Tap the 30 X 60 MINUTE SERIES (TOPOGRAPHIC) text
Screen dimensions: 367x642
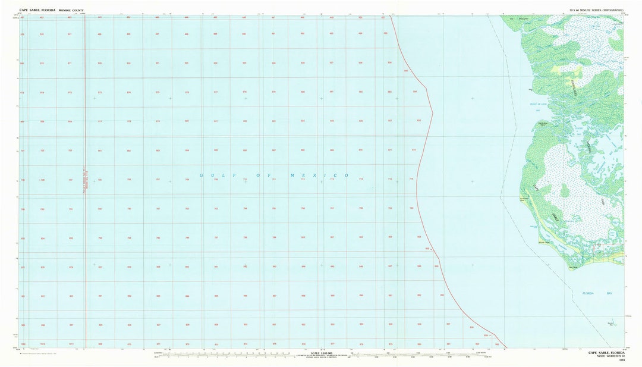coord(596,10)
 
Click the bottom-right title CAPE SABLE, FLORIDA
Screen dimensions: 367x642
coord(606,353)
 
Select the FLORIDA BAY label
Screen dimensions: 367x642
coord(588,293)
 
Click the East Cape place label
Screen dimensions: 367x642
coord(573,268)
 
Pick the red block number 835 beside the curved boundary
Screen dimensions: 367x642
coord(427,249)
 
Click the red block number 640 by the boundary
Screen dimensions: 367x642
coord(406,71)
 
